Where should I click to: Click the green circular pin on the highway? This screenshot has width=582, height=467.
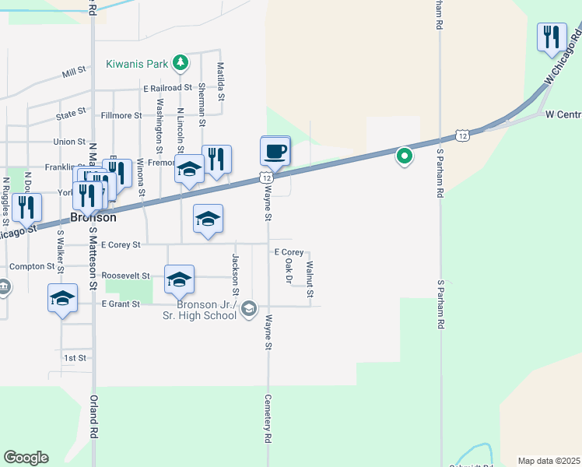coord(405,156)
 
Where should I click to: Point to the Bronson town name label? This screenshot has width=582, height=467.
coord(93,218)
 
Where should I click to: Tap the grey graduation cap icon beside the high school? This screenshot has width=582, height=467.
coord(248,310)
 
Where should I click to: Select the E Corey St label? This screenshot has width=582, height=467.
coord(121,244)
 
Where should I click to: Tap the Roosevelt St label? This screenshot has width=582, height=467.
coord(125,276)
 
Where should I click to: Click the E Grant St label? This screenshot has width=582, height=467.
coord(121,304)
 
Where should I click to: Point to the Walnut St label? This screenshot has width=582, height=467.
coord(310,279)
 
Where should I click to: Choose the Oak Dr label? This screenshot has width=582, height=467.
coord(289,269)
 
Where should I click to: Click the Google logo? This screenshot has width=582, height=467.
coord(26,458)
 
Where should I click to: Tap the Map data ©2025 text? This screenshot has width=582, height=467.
coord(549,461)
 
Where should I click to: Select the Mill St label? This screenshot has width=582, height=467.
coord(74,75)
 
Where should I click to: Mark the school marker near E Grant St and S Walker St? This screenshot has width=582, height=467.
coord(63,298)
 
